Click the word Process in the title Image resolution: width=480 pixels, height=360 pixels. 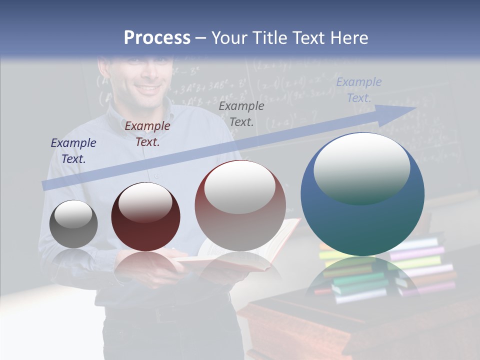click(157, 37)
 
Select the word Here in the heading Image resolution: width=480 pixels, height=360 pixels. click(348, 37)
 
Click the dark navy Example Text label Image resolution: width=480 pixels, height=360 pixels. click(73, 150)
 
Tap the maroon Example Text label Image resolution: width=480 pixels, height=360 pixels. click(147, 133)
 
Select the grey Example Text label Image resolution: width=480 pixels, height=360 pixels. click(241, 113)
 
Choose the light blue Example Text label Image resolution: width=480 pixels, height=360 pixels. click(359, 89)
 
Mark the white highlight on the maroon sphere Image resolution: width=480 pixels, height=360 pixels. click(145, 201)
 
